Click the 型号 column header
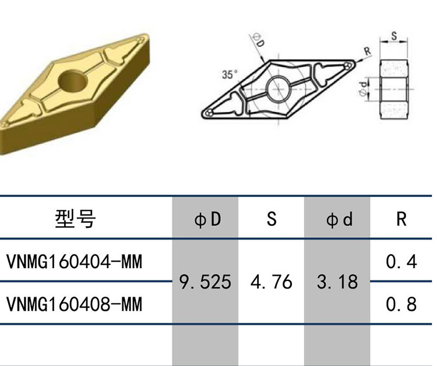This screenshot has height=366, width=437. [75, 219]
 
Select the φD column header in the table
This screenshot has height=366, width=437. [207, 219]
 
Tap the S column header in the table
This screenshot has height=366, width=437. [272, 219]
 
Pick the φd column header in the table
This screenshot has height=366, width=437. [339, 219]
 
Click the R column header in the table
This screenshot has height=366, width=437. [401, 219]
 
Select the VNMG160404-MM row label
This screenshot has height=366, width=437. [74, 262]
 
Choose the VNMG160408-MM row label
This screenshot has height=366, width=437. [74, 304]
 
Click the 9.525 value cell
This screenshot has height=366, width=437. [205, 281]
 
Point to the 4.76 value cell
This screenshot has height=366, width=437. [271, 281]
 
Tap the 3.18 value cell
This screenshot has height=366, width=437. [337, 281]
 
